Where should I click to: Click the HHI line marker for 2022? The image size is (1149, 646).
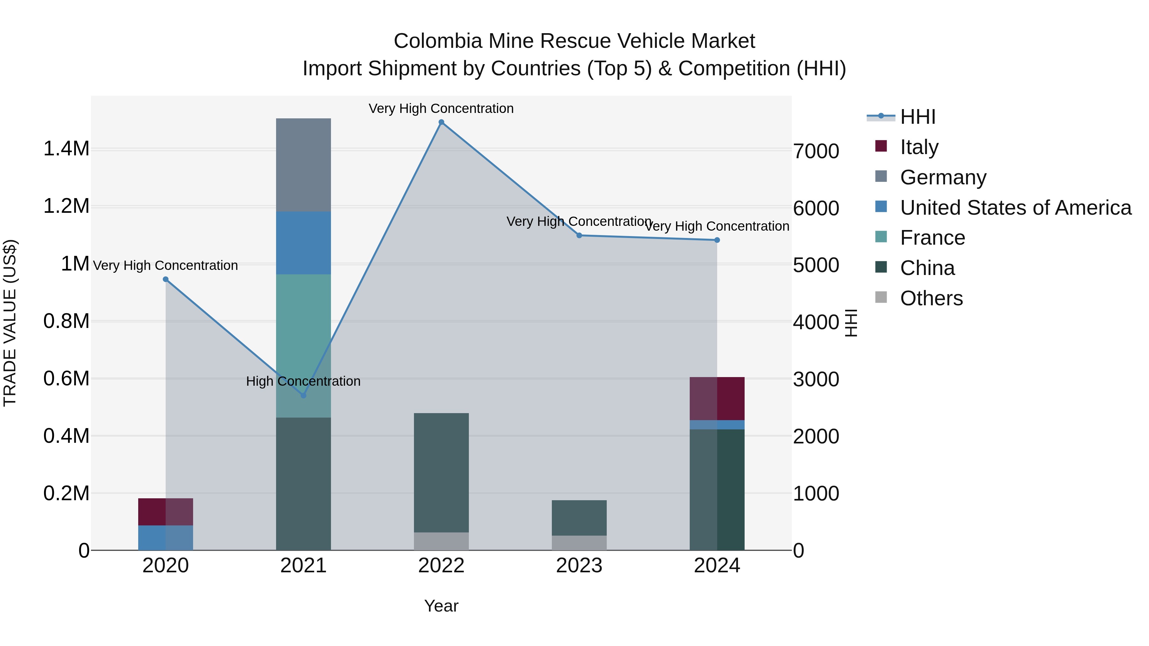click(x=441, y=122)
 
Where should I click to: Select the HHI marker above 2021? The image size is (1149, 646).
click(x=303, y=396)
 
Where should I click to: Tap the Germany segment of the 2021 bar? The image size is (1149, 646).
click(x=303, y=165)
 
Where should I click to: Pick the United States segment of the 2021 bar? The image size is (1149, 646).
click(x=303, y=243)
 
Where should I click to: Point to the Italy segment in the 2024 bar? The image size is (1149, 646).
click(x=717, y=398)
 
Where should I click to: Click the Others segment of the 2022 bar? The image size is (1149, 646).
click(x=441, y=541)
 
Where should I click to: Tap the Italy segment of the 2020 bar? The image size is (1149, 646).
click(x=165, y=512)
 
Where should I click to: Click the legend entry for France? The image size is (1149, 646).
click(x=932, y=238)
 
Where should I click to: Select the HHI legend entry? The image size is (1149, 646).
click(x=918, y=117)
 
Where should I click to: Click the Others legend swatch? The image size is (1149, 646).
click(x=881, y=297)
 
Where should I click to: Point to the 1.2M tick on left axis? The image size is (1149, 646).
click(x=66, y=206)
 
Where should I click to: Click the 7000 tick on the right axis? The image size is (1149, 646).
click(x=816, y=152)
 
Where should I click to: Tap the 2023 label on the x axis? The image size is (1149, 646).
click(x=579, y=566)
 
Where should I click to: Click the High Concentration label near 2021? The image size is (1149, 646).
click(x=303, y=381)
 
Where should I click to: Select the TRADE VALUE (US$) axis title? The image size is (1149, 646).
click(x=10, y=323)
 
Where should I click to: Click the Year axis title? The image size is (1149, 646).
click(x=441, y=606)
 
